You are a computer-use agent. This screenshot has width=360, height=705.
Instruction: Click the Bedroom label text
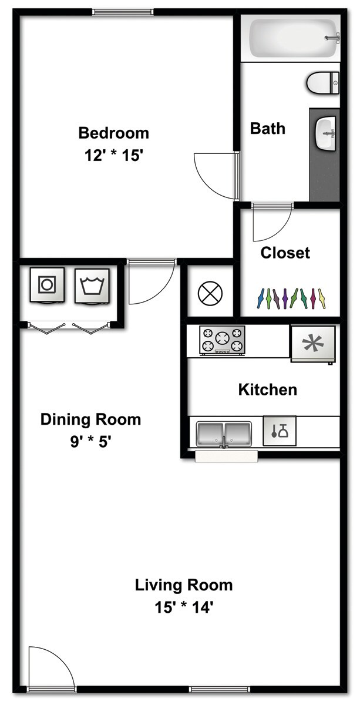coord(113,133)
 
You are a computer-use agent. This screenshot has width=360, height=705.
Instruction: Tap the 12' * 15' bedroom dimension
coord(113,156)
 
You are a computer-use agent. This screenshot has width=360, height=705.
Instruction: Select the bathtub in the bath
coord(290,38)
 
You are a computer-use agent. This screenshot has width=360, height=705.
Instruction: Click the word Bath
coord(267,128)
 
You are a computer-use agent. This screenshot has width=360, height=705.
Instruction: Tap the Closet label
coord(285,253)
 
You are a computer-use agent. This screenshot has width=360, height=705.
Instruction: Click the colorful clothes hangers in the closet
coord(291,298)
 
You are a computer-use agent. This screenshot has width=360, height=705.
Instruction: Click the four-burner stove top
coord(222,340)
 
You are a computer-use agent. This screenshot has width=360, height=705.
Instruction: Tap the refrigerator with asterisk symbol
coord(313,344)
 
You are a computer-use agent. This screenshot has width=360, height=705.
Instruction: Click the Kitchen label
coord(267,390)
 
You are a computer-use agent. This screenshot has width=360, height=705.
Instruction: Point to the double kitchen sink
coord(224,434)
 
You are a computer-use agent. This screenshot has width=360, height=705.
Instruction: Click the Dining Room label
coord(90,419)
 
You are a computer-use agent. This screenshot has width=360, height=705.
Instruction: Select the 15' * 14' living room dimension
coord(183,607)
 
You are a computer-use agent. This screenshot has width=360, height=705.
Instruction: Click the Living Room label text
coord(184,585)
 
